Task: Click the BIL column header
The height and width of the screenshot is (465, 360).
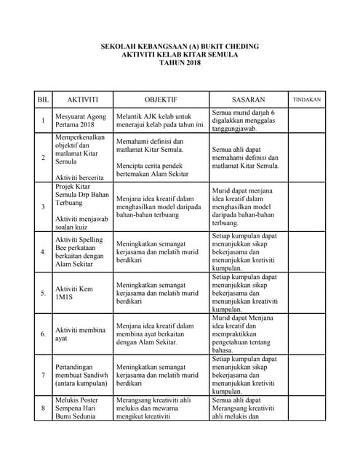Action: (42, 99)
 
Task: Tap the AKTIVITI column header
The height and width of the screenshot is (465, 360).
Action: (82, 99)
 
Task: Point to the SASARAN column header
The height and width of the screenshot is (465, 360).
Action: (248, 99)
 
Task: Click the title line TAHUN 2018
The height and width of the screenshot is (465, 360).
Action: (179, 62)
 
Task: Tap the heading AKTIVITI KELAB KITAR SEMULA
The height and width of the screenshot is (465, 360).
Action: (179, 54)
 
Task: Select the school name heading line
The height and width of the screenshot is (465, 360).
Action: (179, 46)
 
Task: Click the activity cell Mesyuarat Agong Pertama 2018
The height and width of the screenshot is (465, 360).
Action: (79, 120)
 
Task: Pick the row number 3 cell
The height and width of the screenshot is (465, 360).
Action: (42, 207)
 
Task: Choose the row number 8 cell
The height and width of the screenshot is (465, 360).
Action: (42, 408)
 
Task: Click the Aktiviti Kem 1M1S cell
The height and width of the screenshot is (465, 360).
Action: (79, 293)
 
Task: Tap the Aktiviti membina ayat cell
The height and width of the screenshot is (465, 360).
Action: (81, 334)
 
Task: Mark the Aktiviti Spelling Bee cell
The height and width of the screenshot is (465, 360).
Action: (79, 251)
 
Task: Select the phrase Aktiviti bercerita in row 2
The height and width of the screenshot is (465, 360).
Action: (79, 177)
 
